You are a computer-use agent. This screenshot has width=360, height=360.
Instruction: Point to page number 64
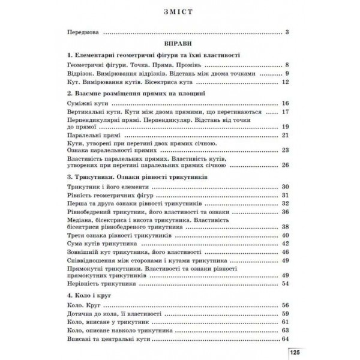[x=285, y=338]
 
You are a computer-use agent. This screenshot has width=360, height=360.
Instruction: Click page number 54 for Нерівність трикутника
[x=285, y=283]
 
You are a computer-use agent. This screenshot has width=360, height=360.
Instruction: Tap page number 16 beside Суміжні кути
[x=285, y=104]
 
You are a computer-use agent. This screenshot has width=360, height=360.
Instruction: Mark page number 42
[x=285, y=244]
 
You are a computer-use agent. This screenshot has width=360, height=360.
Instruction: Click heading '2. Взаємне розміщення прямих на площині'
[x=137, y=94]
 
